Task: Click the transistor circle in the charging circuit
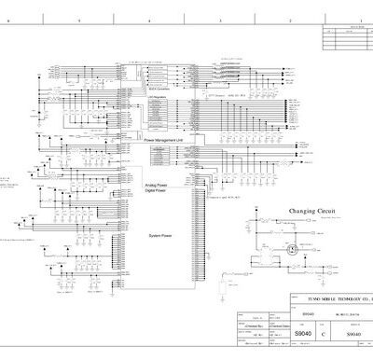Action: click(x=295, y=249)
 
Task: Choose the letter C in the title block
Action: click(x=323, y=333)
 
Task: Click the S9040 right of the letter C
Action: click(x=352, y=333)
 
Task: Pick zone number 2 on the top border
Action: click(x=290, y=20)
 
